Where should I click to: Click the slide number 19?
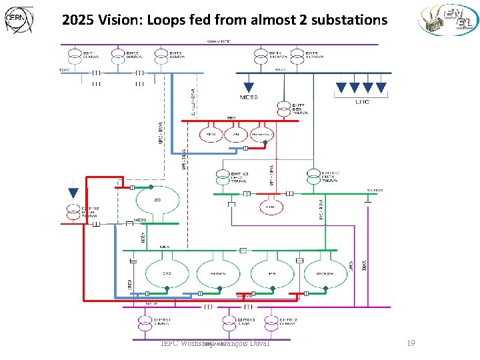point(411,343)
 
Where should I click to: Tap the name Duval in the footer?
point(256,343)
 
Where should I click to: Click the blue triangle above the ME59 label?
point(249,87)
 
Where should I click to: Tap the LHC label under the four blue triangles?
point(362,102)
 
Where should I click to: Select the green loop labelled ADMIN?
point(218,273)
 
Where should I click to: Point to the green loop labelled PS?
point(271,273)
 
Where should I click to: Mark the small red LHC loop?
point(271,206)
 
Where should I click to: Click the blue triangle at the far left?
point(73,193)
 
